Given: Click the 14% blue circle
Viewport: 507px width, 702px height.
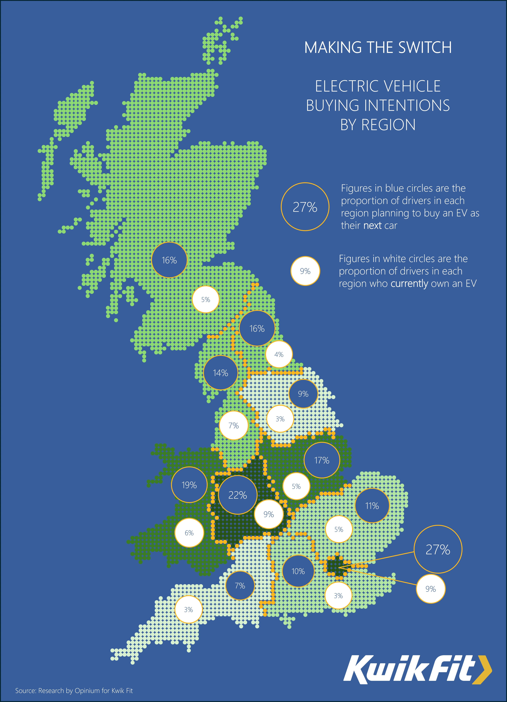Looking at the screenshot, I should [x=221, y=373].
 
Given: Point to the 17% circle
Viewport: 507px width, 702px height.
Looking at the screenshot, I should [x=322, y=460].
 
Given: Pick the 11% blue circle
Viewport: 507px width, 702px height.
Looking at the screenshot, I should [x=372, y=506].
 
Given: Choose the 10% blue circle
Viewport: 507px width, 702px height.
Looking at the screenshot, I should [x=298, y=571].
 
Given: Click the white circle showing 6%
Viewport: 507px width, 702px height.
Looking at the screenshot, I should [x=189, y=533].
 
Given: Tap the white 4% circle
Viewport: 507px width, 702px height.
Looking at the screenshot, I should [x=279, y=354].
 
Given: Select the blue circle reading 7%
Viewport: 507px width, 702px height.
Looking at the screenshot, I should [x=240, y=586].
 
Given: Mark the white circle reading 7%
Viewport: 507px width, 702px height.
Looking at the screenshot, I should [x=233, y=426].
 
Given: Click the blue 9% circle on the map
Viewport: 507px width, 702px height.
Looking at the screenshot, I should [x=303, y=394].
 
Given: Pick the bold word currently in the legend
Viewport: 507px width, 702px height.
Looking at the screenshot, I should [x=409, y=283].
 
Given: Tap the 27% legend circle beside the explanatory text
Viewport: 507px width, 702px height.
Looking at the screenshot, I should [x=305, y=207].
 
